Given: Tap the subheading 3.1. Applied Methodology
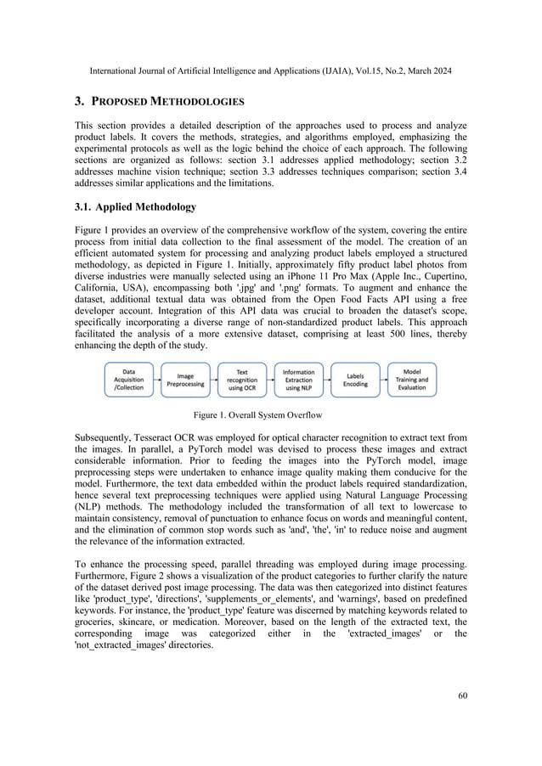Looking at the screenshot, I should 135,206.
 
